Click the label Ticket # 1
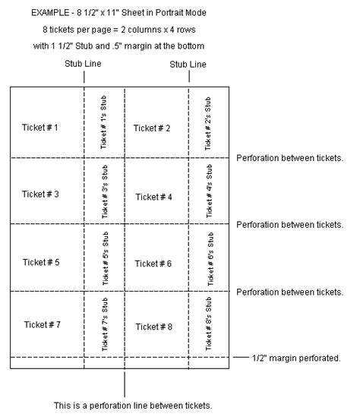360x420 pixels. (x=40, y=128)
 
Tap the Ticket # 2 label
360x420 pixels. (x=152, y=128)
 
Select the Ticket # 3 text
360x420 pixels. (x=40, y=194)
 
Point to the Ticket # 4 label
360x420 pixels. (x=153, y=197)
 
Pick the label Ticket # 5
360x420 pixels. (x=41, y=262)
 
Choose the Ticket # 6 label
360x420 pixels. (x=153, y=264)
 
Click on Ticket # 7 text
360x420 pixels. (x=43, y=324)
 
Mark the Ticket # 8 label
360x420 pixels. (x=153, y=327)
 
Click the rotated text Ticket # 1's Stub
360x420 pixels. (x=103, y=122)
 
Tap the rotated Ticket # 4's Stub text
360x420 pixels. (x=209, y=191)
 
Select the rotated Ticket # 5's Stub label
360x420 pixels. (x=106, y=258)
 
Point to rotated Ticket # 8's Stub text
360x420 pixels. (x=208, y=324)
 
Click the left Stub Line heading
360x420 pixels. (x=83, y=64)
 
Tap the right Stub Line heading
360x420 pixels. (x=188, y=65)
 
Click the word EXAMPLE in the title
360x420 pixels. (x=50, y=13)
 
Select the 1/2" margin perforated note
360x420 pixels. (x=296, y=358)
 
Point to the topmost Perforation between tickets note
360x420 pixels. (x=290, y=158)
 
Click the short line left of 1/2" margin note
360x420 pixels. (x=241, y=357)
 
